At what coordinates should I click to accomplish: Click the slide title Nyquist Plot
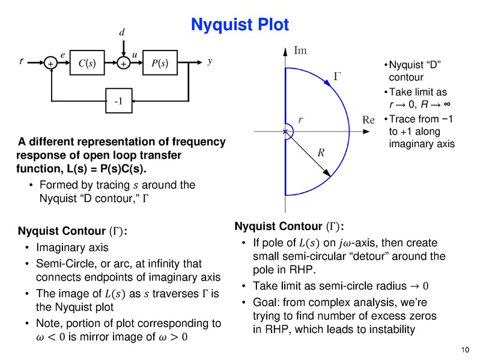[x=240, y=25]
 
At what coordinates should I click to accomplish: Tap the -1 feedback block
[x=118, y=101]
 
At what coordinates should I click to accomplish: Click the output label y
[x=210, y=61]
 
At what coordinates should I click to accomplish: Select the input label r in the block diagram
[x=22, y=61]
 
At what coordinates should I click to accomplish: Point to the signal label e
[x=62, y=54]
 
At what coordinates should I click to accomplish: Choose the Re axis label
[x=369, y=120]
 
